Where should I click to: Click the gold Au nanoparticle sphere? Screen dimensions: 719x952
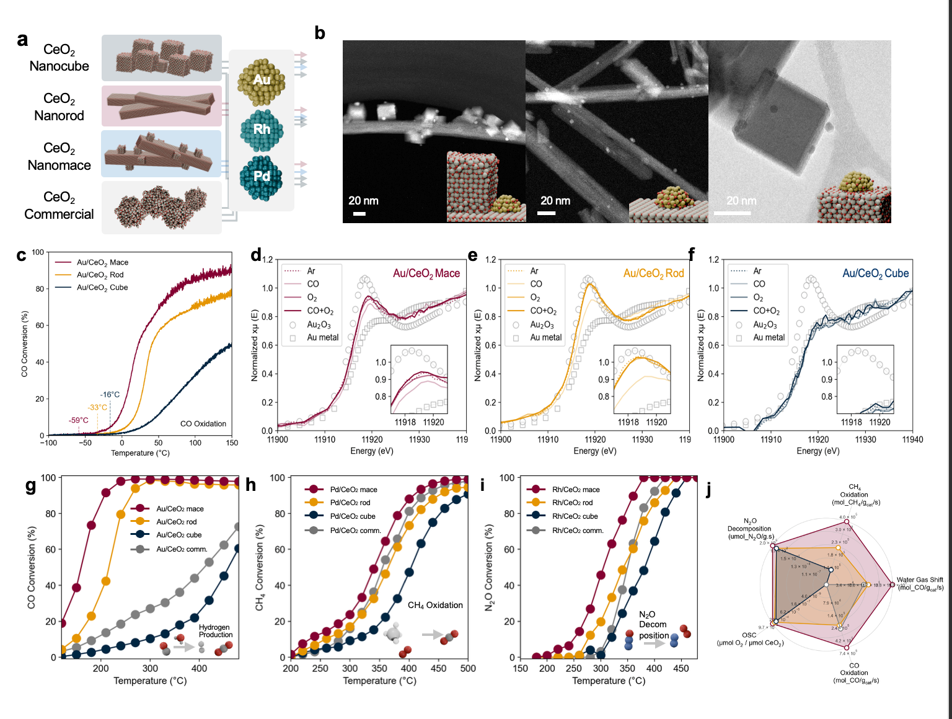coord(262,81)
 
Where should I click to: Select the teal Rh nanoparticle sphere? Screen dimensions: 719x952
coord(262,130)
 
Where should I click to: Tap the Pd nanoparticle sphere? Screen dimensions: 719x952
coord(261,177)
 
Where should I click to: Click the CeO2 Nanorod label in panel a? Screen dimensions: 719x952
coord(59,107)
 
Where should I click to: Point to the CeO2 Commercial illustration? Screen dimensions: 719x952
coord(161,208)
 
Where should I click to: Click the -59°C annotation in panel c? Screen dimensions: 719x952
coord(79,420)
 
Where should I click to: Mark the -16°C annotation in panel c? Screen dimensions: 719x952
coord(110,395)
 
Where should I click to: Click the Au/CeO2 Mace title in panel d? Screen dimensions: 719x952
coord(426,273)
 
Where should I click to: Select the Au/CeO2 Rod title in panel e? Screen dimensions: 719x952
coord(653,273)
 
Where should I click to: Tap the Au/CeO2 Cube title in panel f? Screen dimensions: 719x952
coord(875,273)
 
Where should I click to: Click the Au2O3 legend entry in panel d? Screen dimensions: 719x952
coord(319,325)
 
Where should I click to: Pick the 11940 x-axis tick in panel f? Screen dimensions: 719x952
coord(912,439)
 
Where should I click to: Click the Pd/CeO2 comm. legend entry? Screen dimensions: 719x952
coord(355,531)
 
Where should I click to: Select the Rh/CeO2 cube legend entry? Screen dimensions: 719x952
coord(575,516)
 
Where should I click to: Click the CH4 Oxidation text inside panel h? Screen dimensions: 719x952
coord(435,605)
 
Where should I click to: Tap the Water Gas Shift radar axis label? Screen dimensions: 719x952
coord(920,583)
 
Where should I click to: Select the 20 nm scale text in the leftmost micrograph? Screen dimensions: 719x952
coord(363,201)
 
